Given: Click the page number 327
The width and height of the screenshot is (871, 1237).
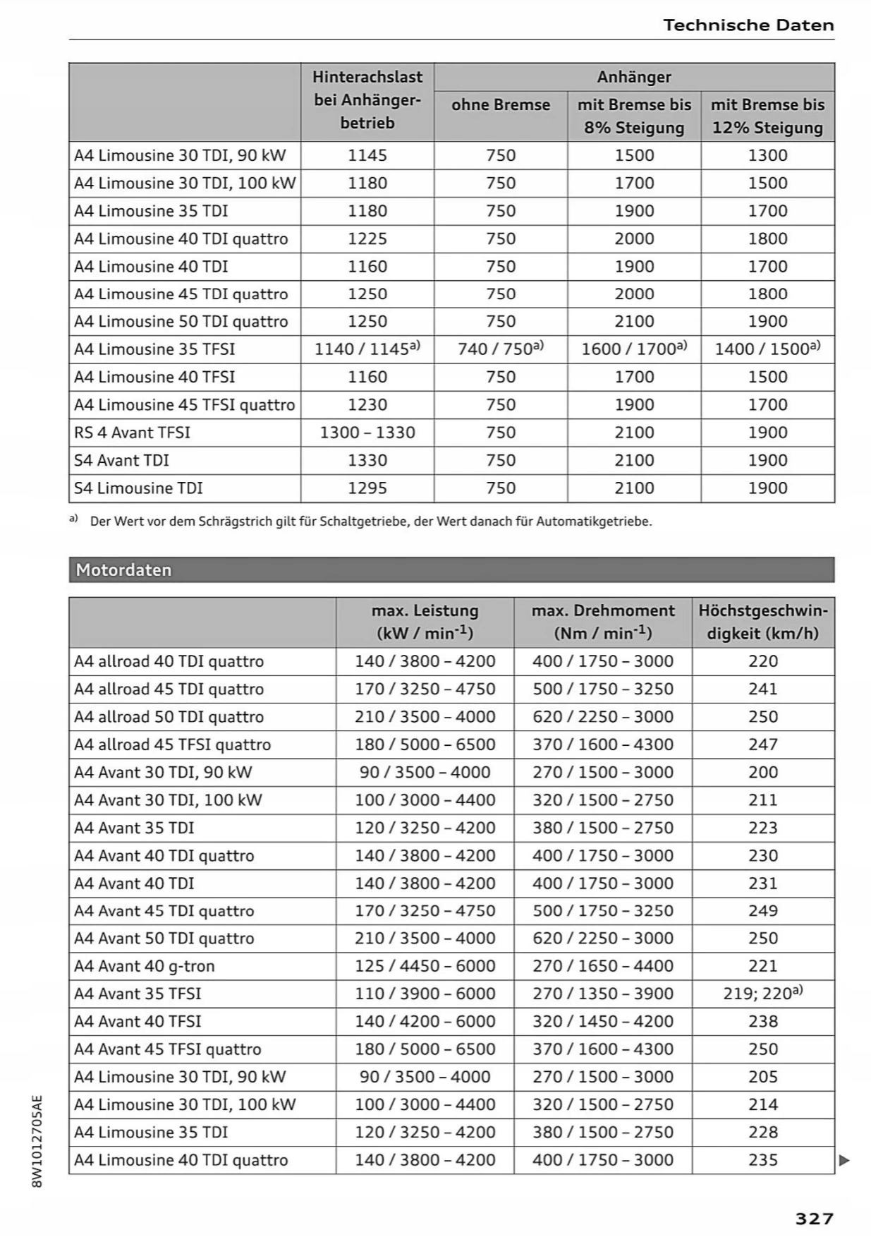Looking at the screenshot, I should [814, 1219].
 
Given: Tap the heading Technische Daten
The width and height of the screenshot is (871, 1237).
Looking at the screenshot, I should [748, 25].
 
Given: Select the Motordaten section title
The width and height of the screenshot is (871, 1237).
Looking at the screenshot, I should [123, 570].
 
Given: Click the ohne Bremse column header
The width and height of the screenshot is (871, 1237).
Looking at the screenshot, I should [501, 105].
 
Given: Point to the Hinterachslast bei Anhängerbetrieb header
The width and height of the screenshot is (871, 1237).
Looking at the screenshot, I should [367, 100].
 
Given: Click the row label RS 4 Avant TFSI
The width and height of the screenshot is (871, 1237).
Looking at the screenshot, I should [132, 433].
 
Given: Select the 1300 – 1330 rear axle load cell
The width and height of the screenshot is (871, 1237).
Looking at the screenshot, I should [367, 433].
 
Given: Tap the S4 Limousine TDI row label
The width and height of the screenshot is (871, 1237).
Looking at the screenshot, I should [138, 488].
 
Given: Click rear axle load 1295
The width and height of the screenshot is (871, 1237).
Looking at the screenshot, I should [367, 488].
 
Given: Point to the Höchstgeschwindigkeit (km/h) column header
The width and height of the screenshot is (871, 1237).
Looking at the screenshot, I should [763, 622].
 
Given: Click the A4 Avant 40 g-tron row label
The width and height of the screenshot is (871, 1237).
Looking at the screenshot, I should [145, 966].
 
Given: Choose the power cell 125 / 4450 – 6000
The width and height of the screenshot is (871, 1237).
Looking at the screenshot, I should [425, 966].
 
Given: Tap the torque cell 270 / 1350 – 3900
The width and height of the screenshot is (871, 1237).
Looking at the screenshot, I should [603, 994].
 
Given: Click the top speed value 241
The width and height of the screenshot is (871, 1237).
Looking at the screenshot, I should [763, 689].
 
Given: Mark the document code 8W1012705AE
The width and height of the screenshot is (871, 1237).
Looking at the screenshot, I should [38, 1141].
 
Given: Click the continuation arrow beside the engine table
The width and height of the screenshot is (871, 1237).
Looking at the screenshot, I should [844, 1160].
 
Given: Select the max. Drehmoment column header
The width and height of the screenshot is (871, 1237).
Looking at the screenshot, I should [603, 622].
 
